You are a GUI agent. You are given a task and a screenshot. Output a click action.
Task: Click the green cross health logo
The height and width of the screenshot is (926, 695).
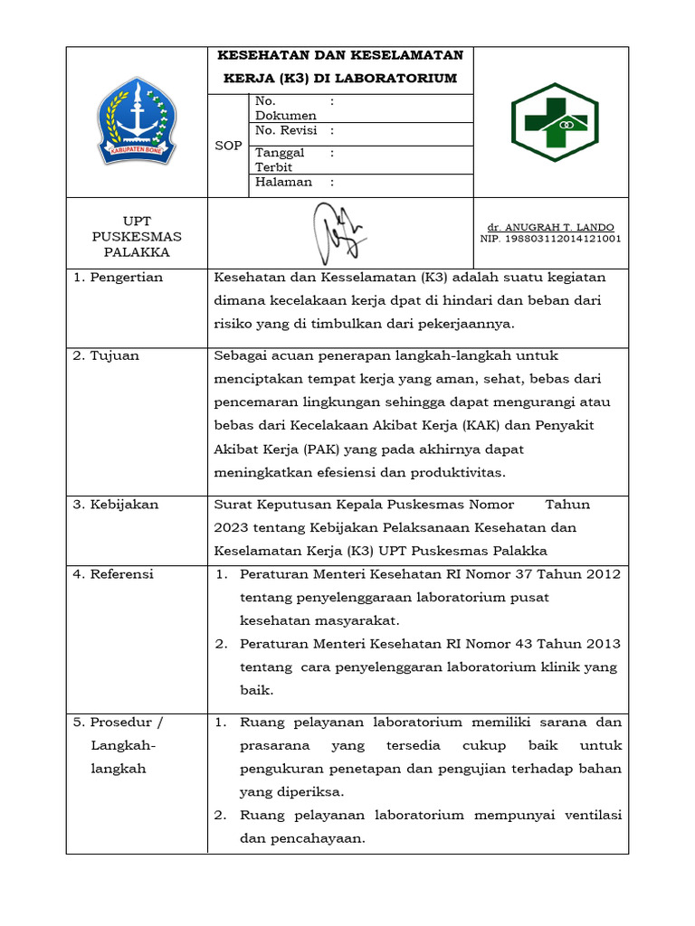coord(549,122)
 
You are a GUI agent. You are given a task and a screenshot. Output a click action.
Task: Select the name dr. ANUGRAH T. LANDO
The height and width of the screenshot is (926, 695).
coord(550,226)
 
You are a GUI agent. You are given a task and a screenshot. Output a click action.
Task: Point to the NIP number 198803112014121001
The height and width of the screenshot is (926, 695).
coord(550,239)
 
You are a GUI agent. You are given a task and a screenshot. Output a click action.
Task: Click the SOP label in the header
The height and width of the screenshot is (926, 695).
coord(228,146)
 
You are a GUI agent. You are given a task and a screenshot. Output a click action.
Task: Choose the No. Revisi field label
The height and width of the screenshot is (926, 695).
coord(285,130)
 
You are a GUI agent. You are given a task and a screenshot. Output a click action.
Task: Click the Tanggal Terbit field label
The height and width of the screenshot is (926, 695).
coord(280,160)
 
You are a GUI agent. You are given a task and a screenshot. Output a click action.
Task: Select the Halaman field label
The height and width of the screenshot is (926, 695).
coord(283,182)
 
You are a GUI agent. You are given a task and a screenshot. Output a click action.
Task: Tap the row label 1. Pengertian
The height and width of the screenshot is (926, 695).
coord(118,278)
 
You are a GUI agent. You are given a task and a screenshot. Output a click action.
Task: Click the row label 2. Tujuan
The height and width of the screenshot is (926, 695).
coord(106,355)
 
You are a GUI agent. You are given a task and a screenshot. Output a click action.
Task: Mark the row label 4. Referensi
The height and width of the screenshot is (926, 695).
coord(113,574)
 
